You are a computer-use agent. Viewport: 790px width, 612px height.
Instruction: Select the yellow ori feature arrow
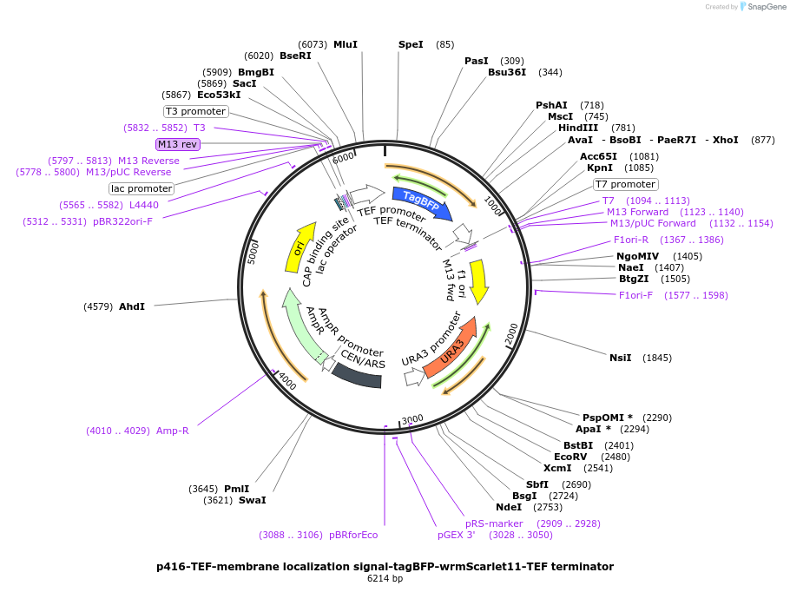(300, 248)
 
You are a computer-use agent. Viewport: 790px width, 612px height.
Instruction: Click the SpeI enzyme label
(411, 44)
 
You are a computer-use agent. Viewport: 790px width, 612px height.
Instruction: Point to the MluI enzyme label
(346, 44)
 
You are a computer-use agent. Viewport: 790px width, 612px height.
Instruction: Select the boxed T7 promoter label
(625, 184)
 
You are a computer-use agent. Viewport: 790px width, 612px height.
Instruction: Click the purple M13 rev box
(178, 144)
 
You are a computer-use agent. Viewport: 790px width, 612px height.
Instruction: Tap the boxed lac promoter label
(142, 188)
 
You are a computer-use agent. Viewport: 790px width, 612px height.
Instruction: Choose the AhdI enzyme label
(132, 306)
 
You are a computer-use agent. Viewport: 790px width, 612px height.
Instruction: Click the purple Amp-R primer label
(172, 431)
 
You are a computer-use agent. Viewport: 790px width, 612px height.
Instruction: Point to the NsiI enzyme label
(621, 358)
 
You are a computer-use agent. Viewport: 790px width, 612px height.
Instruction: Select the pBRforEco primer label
(353, 535)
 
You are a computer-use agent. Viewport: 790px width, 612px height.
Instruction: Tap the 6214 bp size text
(385, 578)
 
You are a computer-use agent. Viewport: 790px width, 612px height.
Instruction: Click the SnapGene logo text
(767, 7)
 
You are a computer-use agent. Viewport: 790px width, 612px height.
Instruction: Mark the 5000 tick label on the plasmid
(253, 253)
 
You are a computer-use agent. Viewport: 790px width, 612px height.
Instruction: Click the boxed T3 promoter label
(196, 111)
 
